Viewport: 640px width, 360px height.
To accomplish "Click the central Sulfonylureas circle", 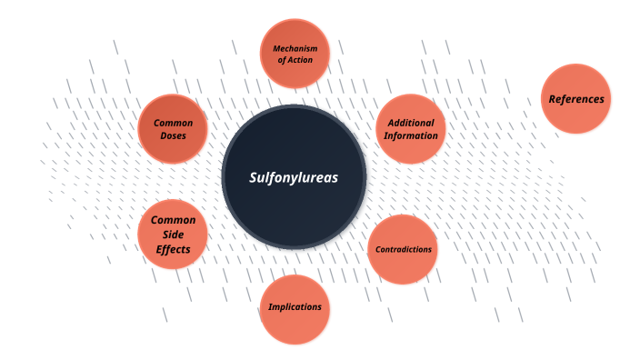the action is click(x=294, y=177).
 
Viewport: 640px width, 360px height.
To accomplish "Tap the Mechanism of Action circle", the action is click(x=294, y=53).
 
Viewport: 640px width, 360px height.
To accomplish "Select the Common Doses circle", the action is click(x=173, y=128).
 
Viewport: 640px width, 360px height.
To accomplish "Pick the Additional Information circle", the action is click(x=411, y=129).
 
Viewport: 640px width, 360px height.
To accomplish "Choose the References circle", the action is click(x=575, y=98).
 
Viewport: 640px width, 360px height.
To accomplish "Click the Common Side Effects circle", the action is click(x=173, y=234).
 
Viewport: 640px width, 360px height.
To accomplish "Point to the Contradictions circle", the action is click(x=403, y=249).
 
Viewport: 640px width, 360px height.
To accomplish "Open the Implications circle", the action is click(x=295, y=308).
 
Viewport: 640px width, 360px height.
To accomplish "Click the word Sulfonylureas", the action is click(x=294, y=177).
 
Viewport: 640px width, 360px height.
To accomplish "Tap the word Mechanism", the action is click(x=294, y=47).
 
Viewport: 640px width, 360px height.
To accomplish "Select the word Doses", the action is click(x=173, y=135).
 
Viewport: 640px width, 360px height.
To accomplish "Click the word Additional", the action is click(x=411, y=123).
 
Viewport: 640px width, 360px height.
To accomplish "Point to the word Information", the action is click(x=411, y=135).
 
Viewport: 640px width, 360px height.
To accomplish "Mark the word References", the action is click(x=575, y=98).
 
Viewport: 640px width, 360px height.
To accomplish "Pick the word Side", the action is click(x=173, y=234).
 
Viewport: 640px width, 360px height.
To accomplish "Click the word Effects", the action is click(x=173, y=247).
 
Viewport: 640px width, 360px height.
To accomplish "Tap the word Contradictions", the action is click(x=403, y=249).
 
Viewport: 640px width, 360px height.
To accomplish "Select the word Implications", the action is click(x=295, y=307).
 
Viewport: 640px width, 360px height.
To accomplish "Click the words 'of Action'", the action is click(x=294, y=60).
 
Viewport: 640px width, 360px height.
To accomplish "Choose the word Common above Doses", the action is click(x=173, y=123).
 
